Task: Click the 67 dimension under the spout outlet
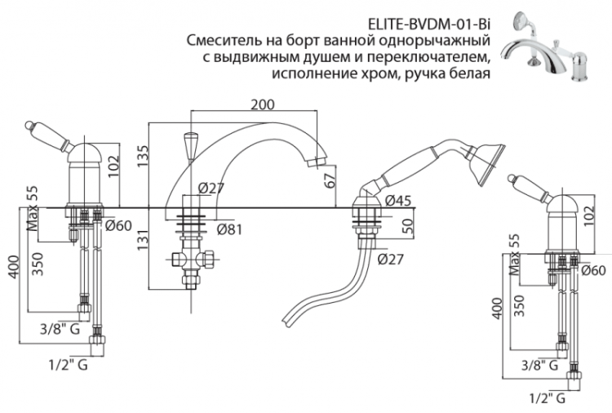click(x=330, y=180)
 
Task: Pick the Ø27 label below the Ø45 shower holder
click(x=392, y=260)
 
